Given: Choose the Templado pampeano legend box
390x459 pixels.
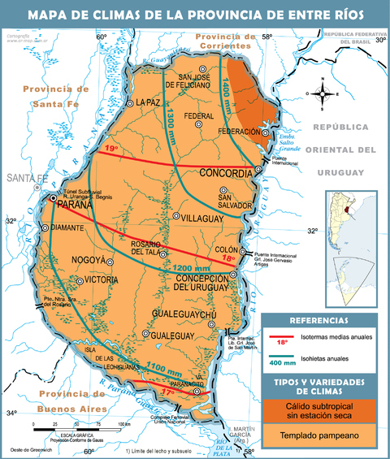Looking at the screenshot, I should (319, 435).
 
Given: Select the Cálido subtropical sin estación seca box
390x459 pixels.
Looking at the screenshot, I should (319, 411).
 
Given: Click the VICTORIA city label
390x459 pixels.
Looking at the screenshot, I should (102, 280).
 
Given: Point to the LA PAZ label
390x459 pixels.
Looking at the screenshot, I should (149, 102).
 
